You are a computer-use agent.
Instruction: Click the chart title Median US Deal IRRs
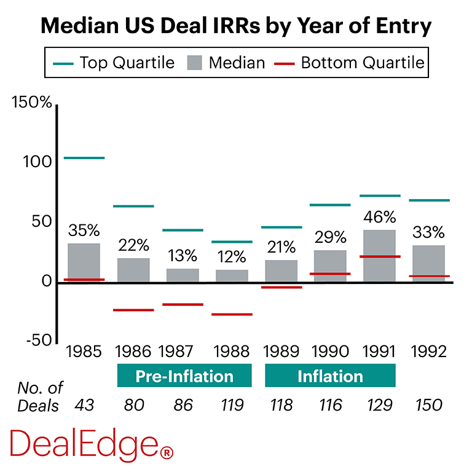point(236,26)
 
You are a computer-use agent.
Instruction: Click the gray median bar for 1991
point(379,256)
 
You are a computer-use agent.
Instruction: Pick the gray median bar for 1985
point(84,262)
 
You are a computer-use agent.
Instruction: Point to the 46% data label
point(379,218)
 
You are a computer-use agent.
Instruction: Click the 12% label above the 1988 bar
point(232,257)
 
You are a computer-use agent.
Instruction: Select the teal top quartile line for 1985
point(84,158)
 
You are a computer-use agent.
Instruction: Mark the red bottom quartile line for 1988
point(232,314)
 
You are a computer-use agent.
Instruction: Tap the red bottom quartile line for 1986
point(133,310)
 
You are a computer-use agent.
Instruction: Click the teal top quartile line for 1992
point(428,200)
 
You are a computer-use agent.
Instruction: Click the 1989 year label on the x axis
point(281,352)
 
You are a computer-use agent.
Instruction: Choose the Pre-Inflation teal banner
point(184,376)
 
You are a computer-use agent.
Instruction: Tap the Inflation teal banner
point(330,376)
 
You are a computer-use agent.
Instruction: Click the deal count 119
point(232,405)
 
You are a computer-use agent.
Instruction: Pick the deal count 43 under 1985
point(84,405)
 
